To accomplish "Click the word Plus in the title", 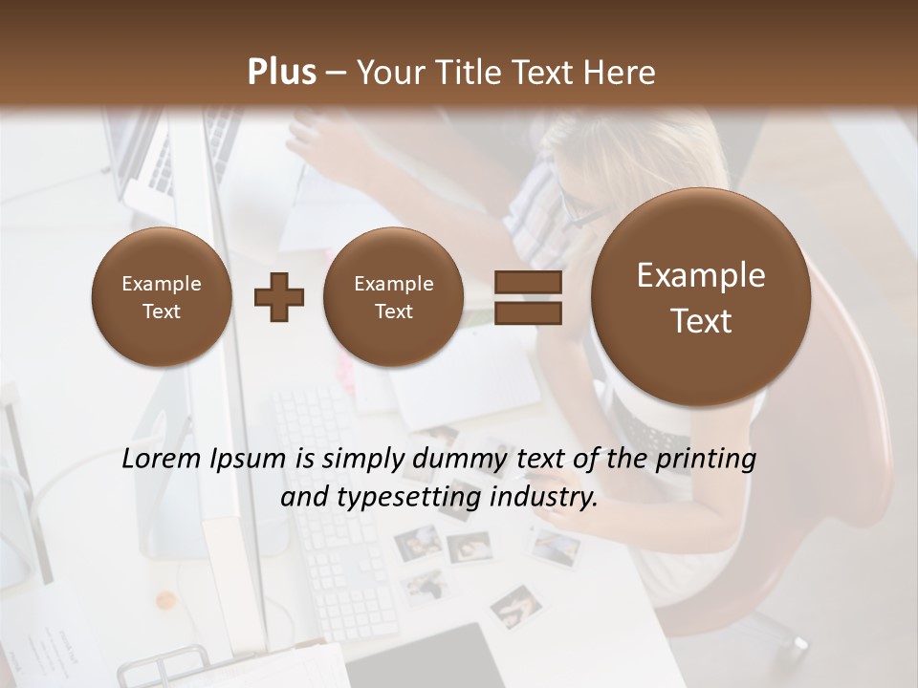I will tap(282, 73).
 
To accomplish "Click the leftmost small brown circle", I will tap(162, 297).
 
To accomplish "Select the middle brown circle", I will tap(393, 297).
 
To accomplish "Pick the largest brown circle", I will tap(701, 297).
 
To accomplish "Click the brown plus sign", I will tap(279, 297).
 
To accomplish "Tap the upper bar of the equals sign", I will tap(528, 282).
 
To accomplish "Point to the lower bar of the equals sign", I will tap(528, 312).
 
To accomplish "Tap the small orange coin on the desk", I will tap(166, 600).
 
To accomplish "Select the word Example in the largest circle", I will tap(701, 275).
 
